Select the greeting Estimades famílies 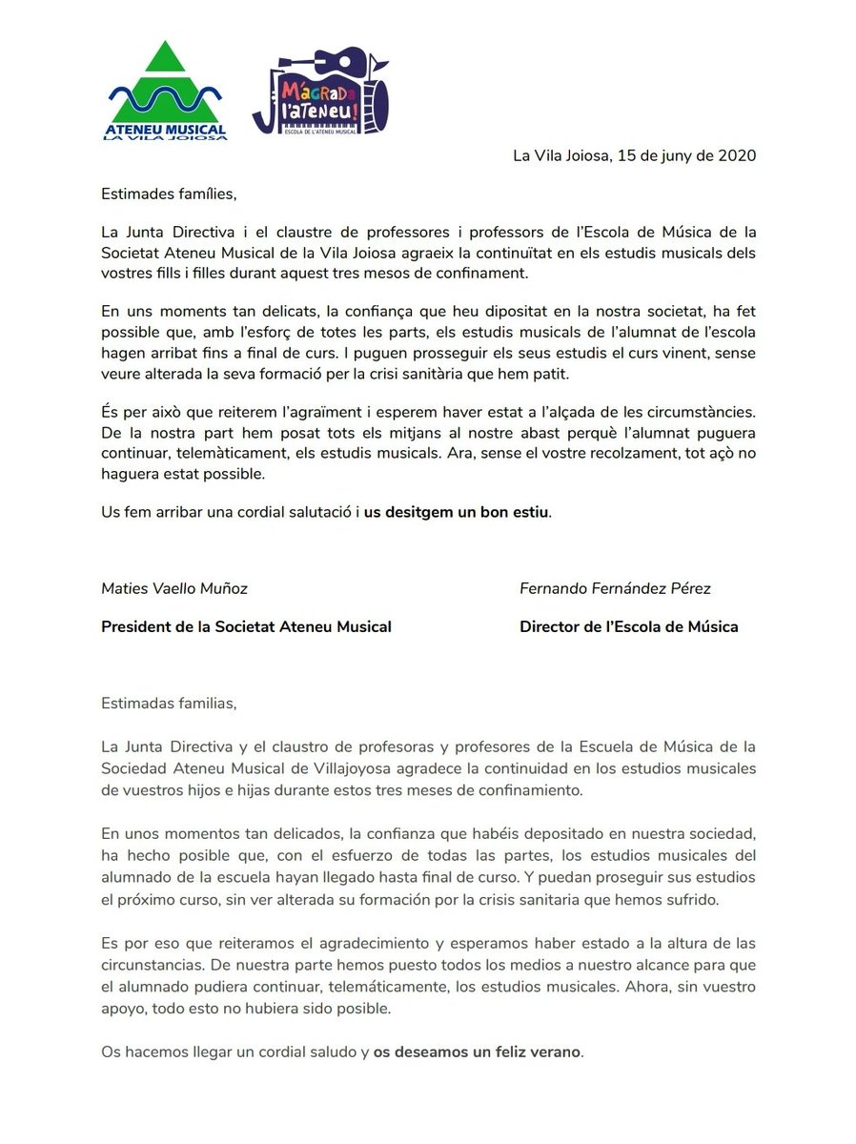coord(168,194)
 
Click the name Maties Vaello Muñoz coord(174,588)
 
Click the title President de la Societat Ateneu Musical coord(246,626)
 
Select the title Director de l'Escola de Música coord(628,626)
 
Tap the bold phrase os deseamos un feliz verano coord(476,1052)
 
